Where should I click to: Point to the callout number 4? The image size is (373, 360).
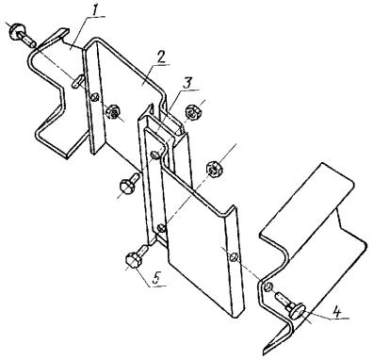coord(337,312)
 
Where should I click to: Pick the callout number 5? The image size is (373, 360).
coord(157,278)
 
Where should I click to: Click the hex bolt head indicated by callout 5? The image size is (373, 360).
coord(133,261)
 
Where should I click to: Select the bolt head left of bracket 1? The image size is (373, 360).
coord(15,30)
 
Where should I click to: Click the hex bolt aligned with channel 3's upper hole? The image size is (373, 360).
coord(130,183)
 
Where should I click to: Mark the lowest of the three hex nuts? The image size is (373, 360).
coord(215,169)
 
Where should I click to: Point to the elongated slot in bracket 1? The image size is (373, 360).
coord(77,81)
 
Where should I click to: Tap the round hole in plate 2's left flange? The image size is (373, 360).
coord(93,98)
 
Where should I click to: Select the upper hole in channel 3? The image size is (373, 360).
coord(155,155)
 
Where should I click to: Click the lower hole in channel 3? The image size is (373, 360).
coord(160,227)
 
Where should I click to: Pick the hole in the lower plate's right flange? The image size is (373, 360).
coord(234,256)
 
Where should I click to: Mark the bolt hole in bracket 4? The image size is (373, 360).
coord(268,286)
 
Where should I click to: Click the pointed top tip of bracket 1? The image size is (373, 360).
coord(68,29)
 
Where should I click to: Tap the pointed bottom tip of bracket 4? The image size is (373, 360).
coord(265,350)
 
